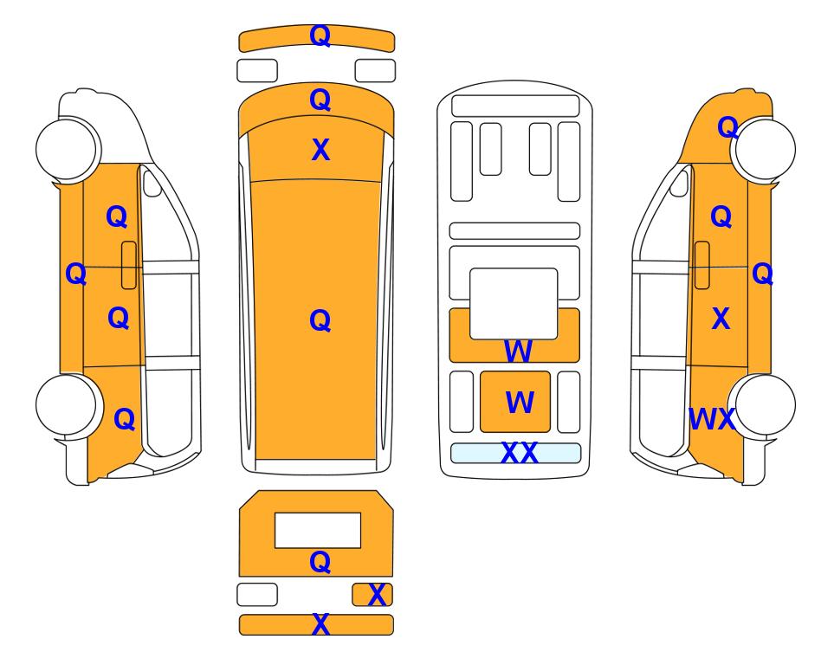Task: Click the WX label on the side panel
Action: (712, 419)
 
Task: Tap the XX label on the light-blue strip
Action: (519, 453)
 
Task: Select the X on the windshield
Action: (320, 150)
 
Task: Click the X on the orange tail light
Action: (377, 595)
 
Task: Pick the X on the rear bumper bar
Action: (320, 624)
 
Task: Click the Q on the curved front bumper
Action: (320, 36)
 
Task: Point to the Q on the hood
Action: (320, 99)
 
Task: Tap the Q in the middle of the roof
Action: (320, 320)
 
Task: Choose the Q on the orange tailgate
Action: (320, 561)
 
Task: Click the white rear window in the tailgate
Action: (318, 531)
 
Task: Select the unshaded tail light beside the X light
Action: (257, 594)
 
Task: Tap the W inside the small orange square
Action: (519, 402)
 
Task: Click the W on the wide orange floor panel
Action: (518, 352)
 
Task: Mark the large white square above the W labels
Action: (514, 304)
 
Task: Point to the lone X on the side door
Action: (721, 319)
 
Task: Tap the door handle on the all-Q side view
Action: (129, 265)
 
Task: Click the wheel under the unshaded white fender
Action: (67, 148)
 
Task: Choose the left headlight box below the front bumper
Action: (257, 71)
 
